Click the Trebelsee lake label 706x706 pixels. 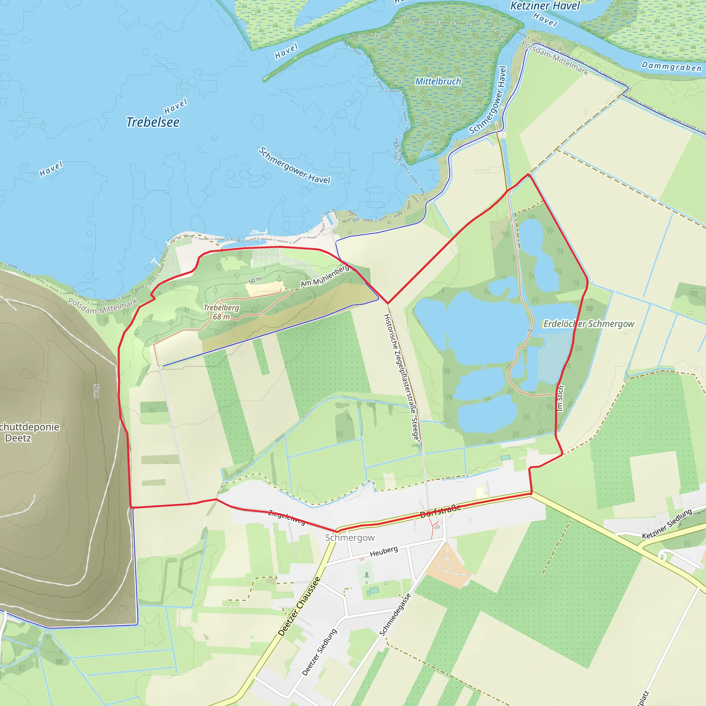(153, 122)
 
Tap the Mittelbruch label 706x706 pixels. (438, 81)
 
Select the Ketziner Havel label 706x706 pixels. (545, 6)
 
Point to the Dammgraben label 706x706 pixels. (672, 67)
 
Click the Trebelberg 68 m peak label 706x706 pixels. (221, 312)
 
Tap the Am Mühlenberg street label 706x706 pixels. (324, 276)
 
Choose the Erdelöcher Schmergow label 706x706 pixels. (589, 324)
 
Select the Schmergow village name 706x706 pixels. (350, 537)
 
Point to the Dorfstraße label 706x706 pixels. (440, 511)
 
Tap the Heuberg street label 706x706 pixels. (384, 552)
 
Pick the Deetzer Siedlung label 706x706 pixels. (319, 652)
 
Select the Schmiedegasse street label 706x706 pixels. (395, 615)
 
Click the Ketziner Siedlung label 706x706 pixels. (667, 524)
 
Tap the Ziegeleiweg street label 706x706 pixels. (287, 517)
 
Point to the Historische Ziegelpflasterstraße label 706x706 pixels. (402, 378)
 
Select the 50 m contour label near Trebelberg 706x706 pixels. (255, 280)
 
